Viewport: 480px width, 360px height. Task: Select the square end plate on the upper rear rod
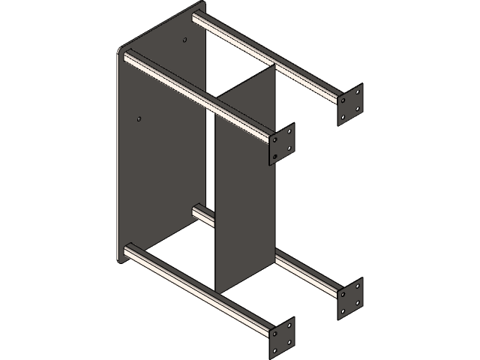coord(350,103)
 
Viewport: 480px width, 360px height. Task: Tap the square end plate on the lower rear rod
coord(350,296)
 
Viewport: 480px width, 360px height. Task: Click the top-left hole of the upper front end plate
coord(277,138)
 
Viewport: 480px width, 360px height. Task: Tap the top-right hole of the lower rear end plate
coord(357,286)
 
